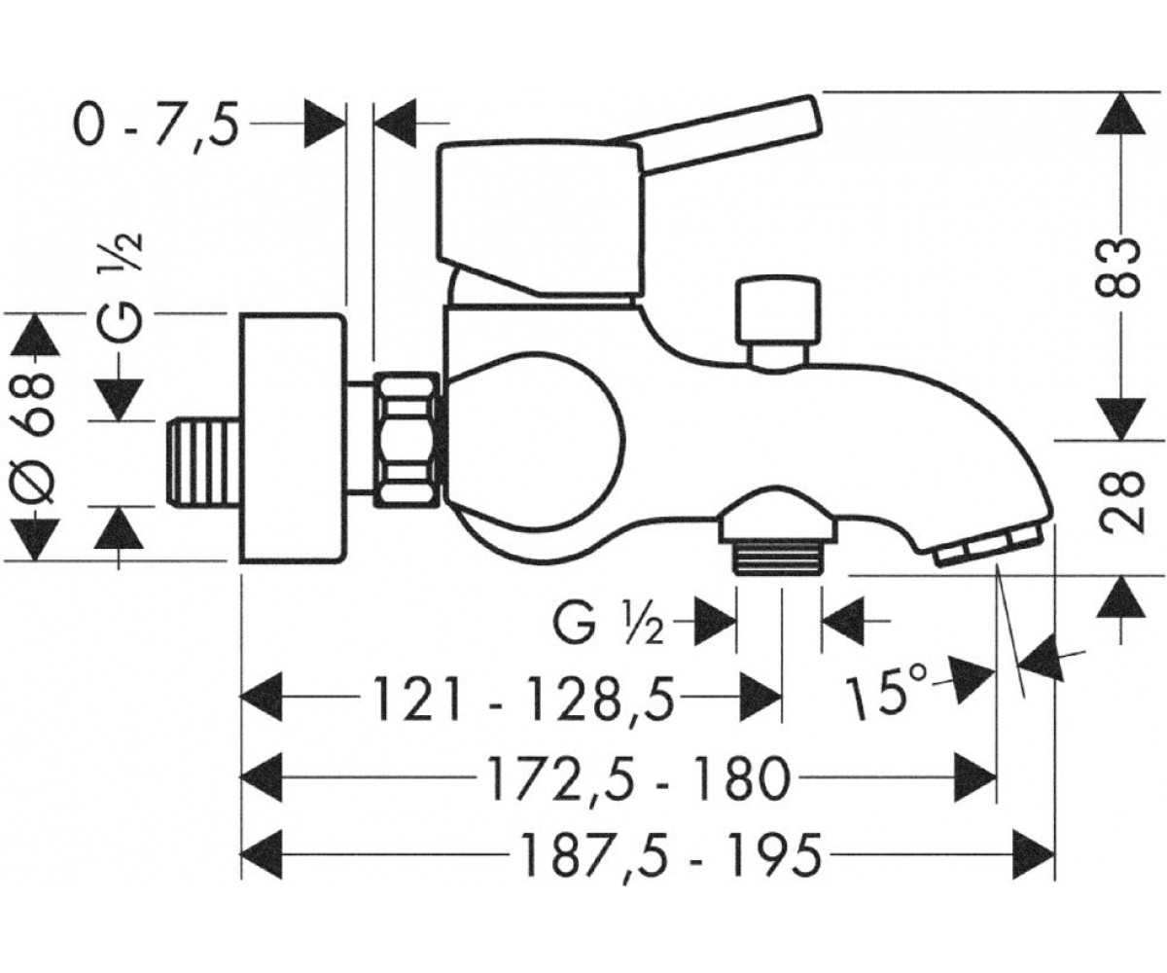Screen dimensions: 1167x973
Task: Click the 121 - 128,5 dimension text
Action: point(523,698)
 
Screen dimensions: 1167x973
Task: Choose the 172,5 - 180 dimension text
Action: point(638,777)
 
